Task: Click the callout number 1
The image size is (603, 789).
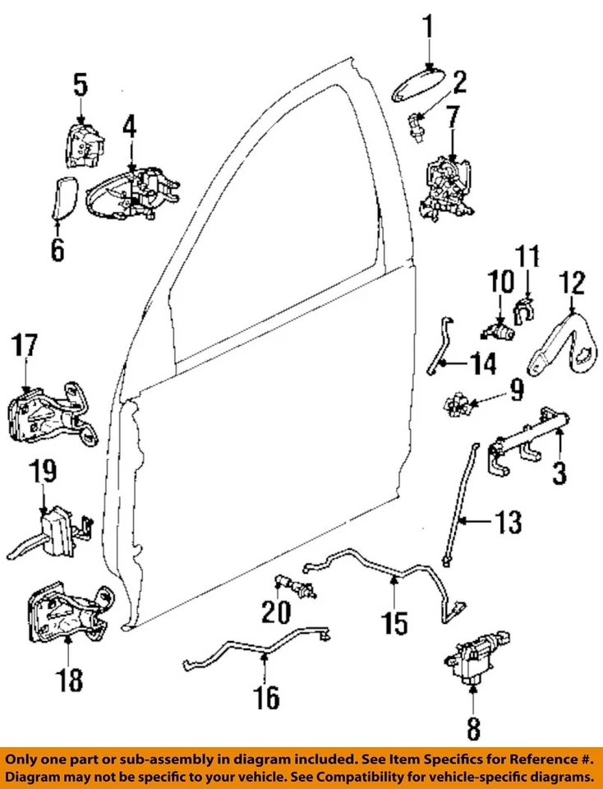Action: (x=427, y=30)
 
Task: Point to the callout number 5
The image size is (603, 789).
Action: (x=80, y=84)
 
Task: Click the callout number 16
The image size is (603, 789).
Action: (x=267, y=698)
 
